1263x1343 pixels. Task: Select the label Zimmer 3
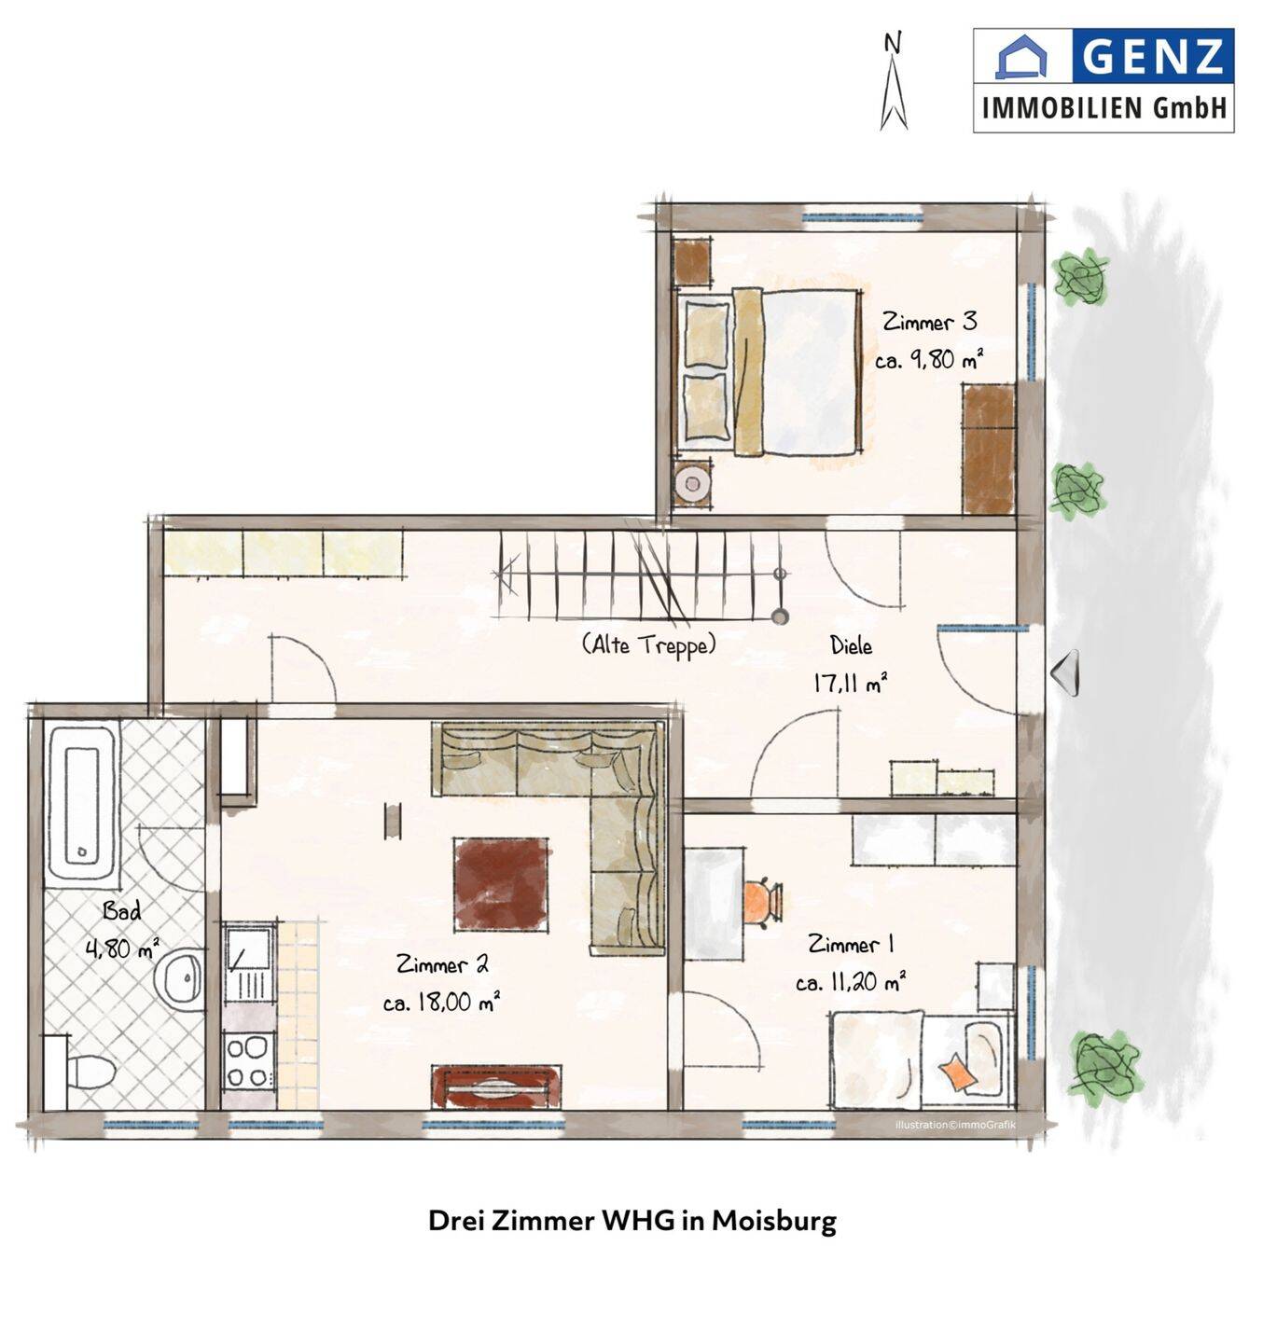929,321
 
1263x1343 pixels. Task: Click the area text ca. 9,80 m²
928,359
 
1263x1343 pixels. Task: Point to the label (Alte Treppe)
648,645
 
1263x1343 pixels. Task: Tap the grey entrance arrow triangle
1065,672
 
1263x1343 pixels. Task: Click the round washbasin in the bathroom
180,978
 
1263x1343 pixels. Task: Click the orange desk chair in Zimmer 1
762,901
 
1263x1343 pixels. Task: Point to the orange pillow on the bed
956,1071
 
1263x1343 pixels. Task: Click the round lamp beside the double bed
691,483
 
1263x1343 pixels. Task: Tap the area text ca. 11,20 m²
851,981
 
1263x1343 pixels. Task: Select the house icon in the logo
1021,56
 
